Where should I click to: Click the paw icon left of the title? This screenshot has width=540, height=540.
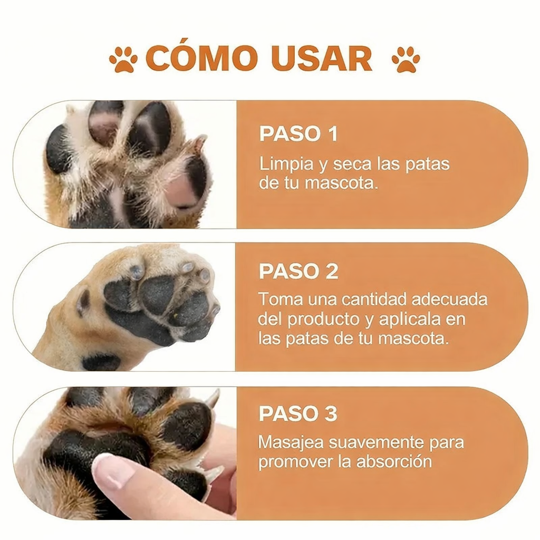(123, 59)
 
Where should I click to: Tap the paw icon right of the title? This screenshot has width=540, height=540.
(406, 59)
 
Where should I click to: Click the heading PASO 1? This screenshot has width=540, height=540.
(298, 134)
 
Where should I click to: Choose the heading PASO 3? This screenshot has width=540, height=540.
(298, 414)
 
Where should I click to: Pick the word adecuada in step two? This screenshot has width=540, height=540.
(449, 300)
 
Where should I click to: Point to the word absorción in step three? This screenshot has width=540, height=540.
(394, 462)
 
